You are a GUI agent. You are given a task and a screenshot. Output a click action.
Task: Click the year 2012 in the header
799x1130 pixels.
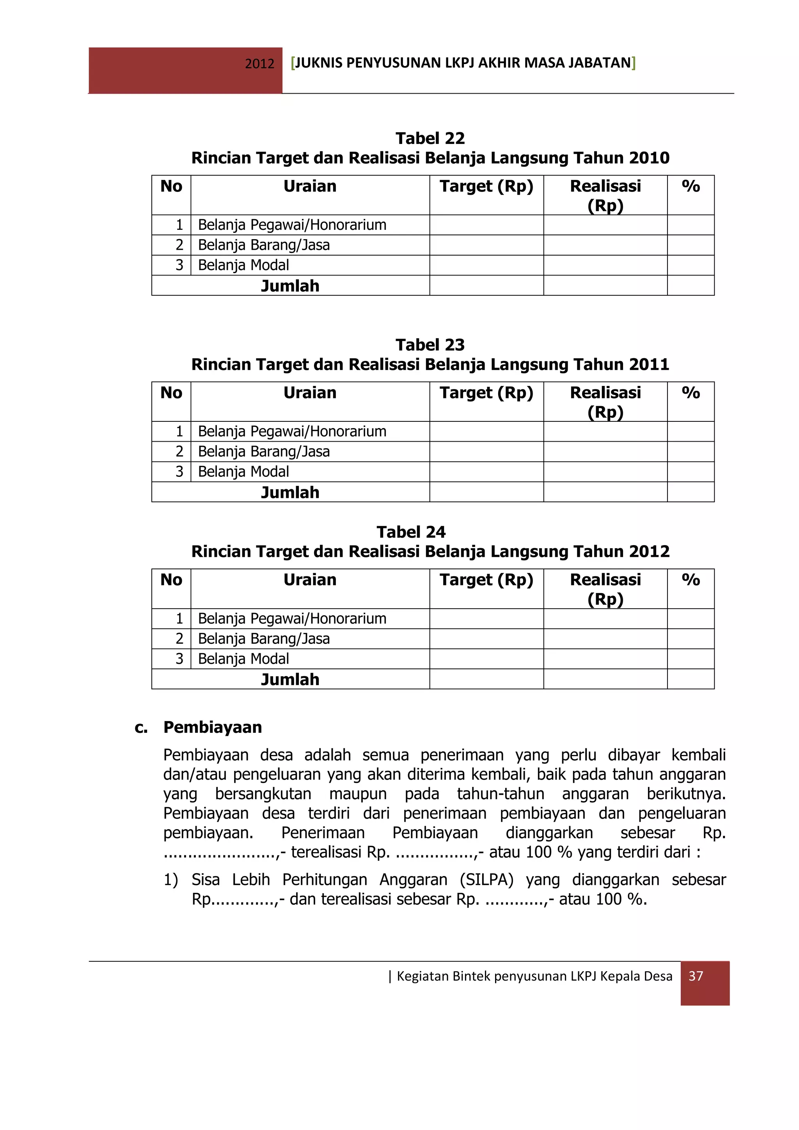coord(259,64)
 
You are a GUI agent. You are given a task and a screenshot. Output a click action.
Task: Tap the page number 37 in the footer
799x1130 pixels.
coord(695,975)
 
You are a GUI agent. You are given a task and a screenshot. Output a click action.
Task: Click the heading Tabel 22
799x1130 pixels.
coord(430,138)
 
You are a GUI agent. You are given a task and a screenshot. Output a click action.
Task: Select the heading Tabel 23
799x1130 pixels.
coord(430,345)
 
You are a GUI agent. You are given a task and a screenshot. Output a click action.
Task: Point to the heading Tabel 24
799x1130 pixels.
coord(411,531)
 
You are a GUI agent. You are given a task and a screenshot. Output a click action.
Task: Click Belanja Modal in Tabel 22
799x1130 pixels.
coord(243,265)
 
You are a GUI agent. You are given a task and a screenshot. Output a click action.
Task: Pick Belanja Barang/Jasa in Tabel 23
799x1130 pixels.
coord(264,451)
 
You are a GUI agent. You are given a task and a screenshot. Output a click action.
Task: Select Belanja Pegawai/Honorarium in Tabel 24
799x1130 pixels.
coord(292,618)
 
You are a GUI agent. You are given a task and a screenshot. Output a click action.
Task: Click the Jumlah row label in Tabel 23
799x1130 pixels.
coord(290,492)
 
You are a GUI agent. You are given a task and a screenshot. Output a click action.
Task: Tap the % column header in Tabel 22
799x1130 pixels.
coord(690,187)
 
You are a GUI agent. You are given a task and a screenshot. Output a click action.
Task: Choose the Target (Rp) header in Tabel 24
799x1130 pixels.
coord(486,580)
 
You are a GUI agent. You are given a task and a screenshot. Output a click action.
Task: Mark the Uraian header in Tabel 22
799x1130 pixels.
coord(309,187)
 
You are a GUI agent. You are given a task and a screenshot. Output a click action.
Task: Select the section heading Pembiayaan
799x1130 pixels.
coord(213,727)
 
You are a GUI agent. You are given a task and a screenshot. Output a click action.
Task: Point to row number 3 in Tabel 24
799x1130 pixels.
coord(179,659)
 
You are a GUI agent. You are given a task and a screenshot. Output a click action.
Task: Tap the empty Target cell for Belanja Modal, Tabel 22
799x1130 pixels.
coord(486,265)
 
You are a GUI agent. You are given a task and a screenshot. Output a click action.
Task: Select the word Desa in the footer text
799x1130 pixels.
coord(658,976)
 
